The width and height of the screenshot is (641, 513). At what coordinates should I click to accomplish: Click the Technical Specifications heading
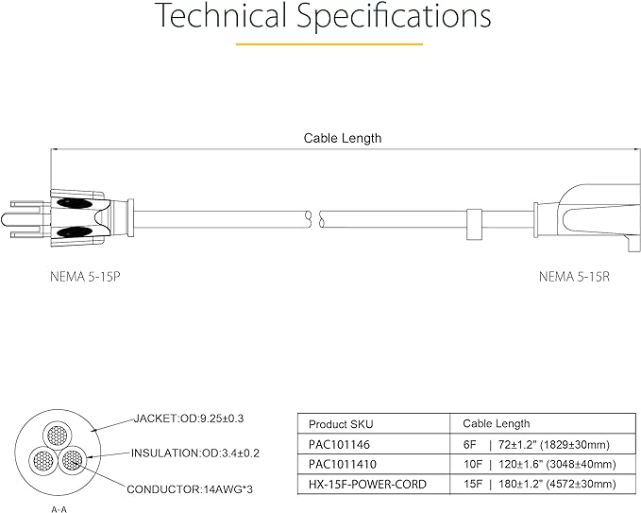click(x=321, y=16)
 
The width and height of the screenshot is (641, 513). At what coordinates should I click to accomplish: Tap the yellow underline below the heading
click(x=320, y=43)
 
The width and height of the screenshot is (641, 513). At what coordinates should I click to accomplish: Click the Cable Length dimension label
click(x=342, y=138)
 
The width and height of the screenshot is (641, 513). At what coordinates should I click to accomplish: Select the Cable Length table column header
click(x=496, y=424)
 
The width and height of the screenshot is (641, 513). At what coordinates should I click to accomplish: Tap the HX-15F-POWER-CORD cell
click(x=354, y=485)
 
